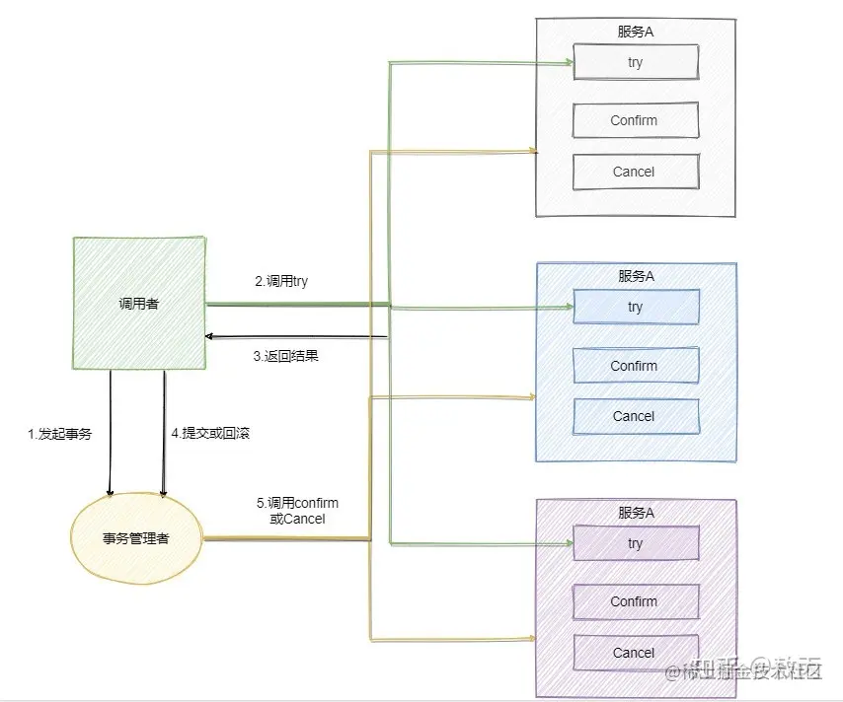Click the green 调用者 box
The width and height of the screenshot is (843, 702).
[138, 304]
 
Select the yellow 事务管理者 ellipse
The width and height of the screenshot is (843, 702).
[135, 538]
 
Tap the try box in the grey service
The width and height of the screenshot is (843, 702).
[636, 62]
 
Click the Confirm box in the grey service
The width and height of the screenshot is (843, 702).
[636, 120]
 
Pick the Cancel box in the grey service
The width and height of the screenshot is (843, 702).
[636, 172]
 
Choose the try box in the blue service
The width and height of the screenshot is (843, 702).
[636, 307]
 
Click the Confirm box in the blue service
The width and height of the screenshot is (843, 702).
[636, 366]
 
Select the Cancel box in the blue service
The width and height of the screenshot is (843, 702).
[636, 416]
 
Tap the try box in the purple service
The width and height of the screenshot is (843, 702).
[636, 543]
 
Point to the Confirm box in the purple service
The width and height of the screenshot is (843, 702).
[636, 601]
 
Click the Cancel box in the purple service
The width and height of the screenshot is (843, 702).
[636, 653]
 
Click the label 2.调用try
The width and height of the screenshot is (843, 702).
[281, 281]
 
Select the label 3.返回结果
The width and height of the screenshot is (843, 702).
[285, 356]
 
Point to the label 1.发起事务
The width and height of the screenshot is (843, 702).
[59, 433]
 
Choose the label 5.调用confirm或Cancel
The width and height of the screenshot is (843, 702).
[297, 511]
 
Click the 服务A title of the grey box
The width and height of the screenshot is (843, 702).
[636, 32]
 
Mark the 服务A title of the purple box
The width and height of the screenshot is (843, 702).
[636, 513]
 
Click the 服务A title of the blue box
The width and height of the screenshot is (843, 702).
[636, 276]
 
